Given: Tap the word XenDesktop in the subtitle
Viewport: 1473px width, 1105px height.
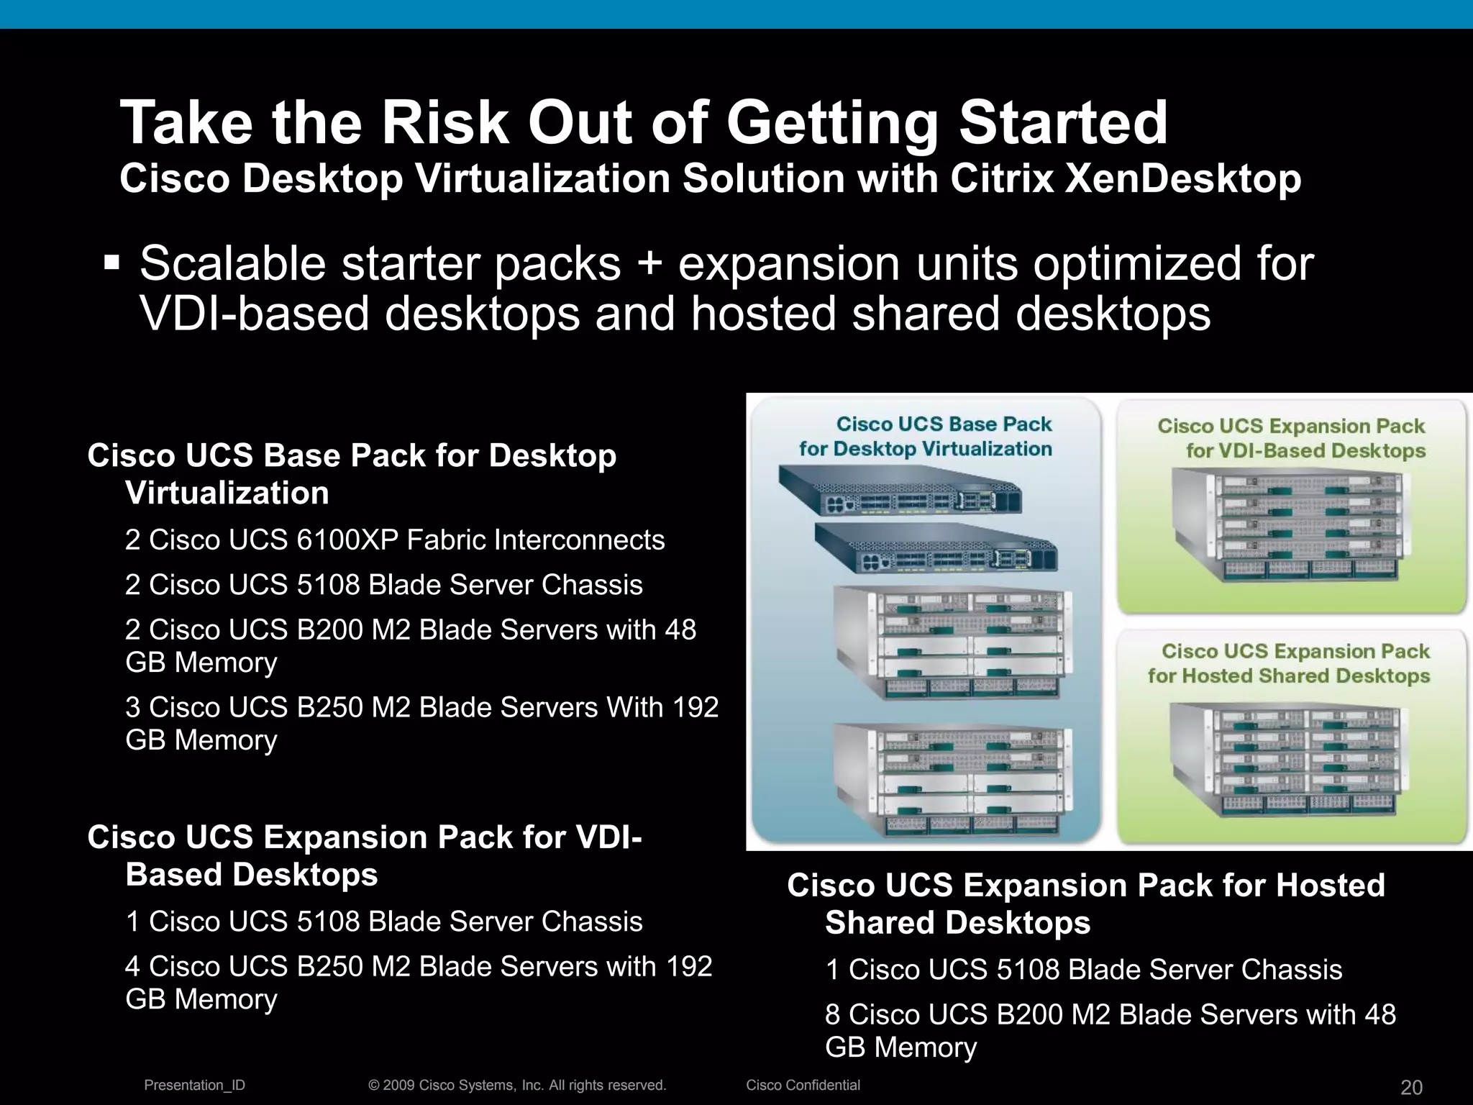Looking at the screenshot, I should tap(1182, 178).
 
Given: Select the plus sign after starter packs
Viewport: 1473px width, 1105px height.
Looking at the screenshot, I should tap(649, 264).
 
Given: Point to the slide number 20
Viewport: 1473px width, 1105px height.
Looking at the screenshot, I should tap(1411, 1087).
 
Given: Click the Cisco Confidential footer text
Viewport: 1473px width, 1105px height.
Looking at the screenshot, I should tap(803, 1085).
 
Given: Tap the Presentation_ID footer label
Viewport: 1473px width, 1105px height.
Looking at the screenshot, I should tap(194, 1085).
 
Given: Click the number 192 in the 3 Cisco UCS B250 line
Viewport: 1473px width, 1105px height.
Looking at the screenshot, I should tap(691, 707).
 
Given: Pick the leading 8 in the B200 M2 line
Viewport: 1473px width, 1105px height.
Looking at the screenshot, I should tap(832, 1014).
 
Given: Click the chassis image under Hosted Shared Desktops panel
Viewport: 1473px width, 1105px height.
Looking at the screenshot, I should tap(1287, 760).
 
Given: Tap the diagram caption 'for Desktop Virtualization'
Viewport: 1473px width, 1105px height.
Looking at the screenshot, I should tap(925, 449).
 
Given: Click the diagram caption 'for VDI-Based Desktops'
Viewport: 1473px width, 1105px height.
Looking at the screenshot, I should tap(1305, 451).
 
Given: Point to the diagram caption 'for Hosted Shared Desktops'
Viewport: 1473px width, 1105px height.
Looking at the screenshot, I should tap(1288, 676).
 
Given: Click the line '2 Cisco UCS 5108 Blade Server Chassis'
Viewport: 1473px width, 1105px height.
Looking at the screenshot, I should tap(383, 585).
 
